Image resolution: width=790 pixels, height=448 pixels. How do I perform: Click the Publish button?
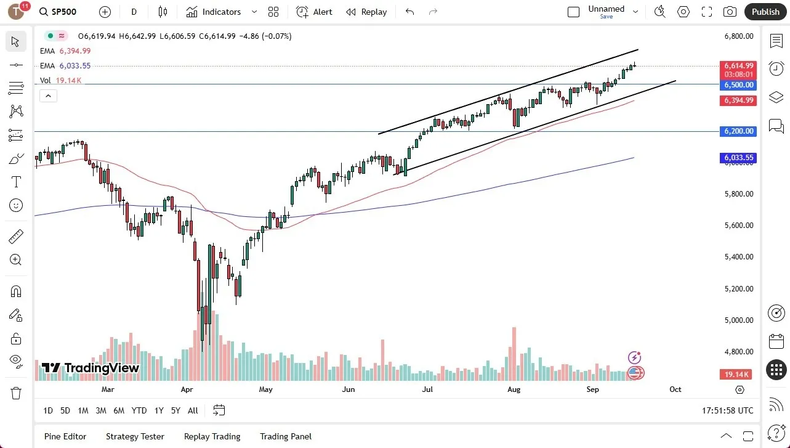click(765, 12)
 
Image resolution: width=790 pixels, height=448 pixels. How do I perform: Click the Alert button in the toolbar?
click(314, 12)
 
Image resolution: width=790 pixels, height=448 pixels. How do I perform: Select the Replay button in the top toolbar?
click(366, 12)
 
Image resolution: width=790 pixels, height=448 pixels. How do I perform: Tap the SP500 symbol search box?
click(62, 12)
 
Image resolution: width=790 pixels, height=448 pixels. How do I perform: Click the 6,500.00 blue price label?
click(738, 85)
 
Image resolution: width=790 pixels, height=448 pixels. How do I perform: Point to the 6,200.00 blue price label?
click(738, 131)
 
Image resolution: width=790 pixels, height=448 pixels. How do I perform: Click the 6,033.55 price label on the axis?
click(738, 158)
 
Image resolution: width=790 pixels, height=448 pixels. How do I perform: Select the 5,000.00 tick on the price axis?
click(738, 320)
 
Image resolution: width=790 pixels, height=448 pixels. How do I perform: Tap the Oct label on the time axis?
click(675, 389)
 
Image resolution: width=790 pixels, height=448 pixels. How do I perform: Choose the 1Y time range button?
click(159, 410)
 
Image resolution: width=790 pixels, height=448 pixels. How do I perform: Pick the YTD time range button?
click(139, 410)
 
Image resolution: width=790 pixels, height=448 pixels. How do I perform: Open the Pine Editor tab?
click(65, 436)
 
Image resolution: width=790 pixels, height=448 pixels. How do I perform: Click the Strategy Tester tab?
click(135, 436)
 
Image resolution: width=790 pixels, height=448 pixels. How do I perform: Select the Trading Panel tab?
click(286, 436)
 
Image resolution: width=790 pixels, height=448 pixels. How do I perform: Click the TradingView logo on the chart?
click(91, 369)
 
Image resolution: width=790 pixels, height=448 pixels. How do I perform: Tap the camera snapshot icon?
click(730, 12)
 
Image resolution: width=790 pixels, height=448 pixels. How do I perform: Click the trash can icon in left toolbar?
click(16, 393)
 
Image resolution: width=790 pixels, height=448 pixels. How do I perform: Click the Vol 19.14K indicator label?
click(60, 80)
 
